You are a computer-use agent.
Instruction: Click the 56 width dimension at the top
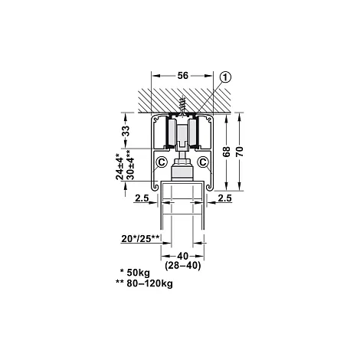point(183,76)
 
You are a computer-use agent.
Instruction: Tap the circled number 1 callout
point(225,77)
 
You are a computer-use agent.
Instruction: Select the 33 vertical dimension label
point(126,131)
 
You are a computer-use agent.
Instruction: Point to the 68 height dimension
point(226,152)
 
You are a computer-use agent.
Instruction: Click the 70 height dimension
point(240,152)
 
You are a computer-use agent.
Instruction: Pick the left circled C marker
point(162,162)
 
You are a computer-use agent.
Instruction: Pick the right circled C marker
point(203,162)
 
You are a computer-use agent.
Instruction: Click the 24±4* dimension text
point(119,166)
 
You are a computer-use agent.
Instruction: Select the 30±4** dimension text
point(129,165)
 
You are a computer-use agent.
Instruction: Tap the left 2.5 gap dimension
point(142,198)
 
